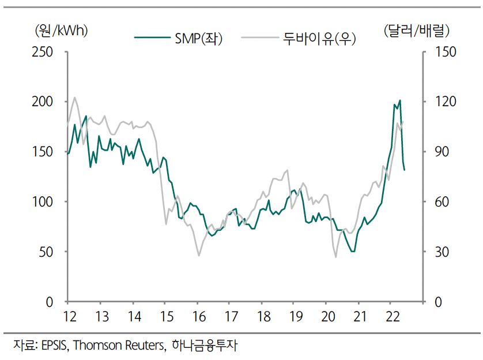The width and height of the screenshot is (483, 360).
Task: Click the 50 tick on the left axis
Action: coord(47,252)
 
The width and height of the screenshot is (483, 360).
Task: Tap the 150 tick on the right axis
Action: coord(442,52)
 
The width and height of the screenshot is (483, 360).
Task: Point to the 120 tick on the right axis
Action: coord(442,102)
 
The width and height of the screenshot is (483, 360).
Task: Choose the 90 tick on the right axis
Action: coord(439,152)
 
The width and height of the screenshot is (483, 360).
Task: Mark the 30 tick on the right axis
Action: coord(439,252)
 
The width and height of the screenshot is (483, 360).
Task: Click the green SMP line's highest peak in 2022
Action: coord(400,100)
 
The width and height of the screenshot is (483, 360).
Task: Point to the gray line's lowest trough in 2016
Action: coord(199,256)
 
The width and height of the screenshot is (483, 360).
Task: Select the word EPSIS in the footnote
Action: coord(54,346)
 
